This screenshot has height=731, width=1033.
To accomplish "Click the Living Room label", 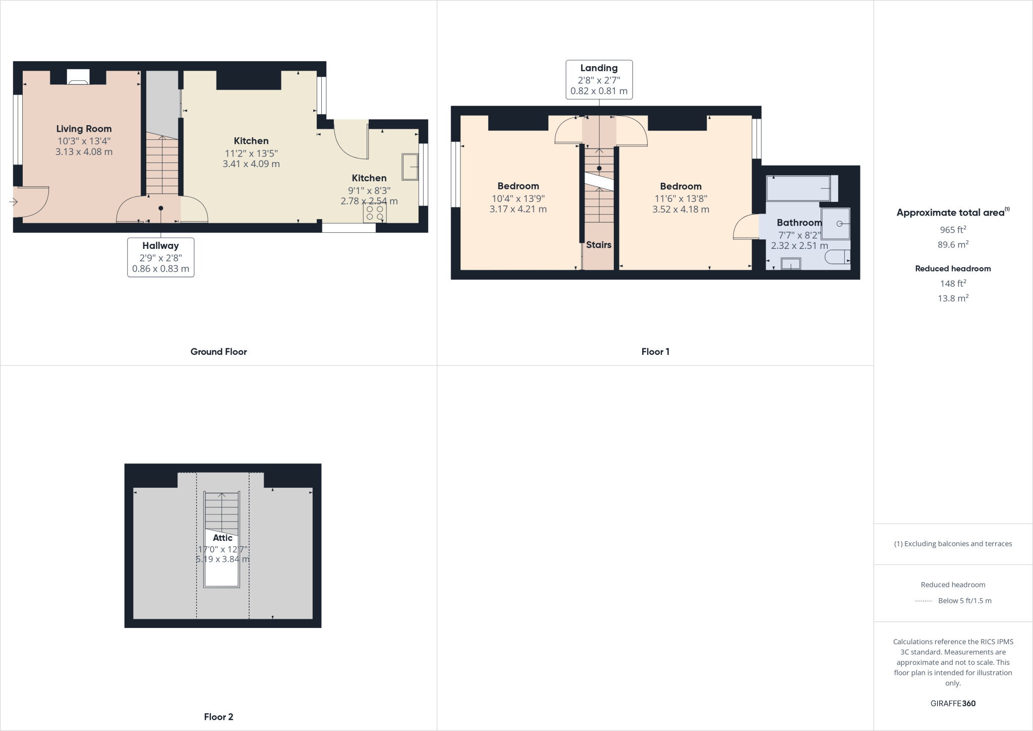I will tap(84, 129).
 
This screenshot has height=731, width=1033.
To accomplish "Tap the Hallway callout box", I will tap(160, 257).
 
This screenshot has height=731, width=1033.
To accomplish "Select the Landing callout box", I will tap(599, 80).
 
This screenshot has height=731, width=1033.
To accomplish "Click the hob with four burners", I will tap(375, 213).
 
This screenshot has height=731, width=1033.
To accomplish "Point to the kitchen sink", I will tap(410, 167).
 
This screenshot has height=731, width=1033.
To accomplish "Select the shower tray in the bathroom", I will tap(835, 223).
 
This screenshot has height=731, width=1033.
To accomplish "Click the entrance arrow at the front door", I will tap(13, 202).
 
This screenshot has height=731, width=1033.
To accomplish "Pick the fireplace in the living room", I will tap(78, 77).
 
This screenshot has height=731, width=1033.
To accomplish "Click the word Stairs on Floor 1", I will tap(599, 245).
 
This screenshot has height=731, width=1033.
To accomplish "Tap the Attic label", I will tap(222, 538).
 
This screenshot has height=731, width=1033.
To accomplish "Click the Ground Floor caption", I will tap(218, 352).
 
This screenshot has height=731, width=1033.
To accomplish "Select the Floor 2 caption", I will tap(218, 717).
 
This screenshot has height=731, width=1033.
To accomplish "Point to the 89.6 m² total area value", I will tap(953, 245).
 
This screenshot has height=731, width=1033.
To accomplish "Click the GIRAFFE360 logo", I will tap(953, 703).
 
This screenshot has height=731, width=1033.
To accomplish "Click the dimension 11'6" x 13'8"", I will tap(680, 199).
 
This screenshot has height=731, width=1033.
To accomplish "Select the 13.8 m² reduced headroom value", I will tap(953, 298).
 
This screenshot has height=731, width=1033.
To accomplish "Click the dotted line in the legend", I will tap(923, 601).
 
